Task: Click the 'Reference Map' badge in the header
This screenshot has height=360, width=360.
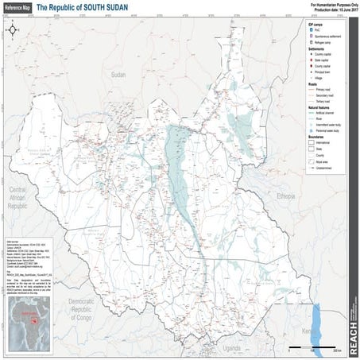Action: click(x=18, y=6)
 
